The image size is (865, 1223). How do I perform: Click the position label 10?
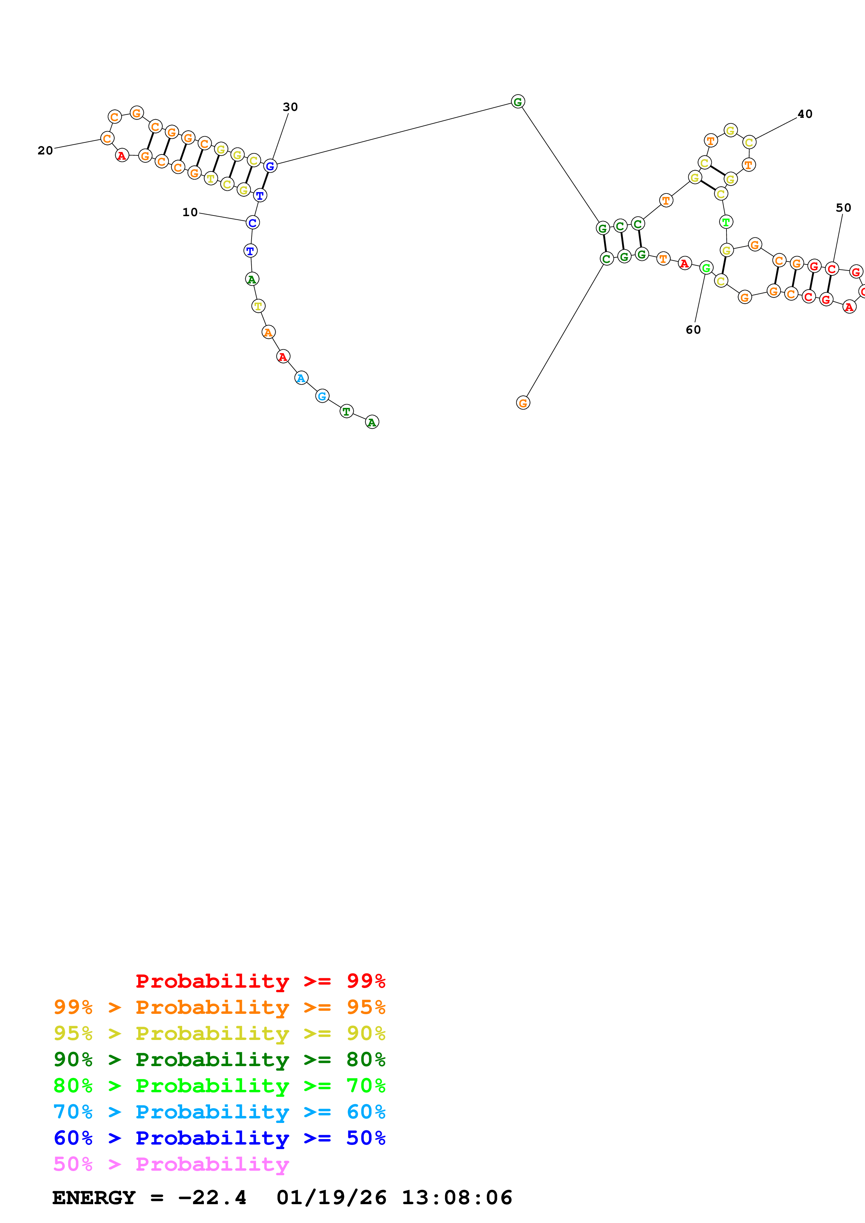point(190,212)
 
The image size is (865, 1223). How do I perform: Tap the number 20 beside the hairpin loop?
point(45,151)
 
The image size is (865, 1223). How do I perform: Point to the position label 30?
point(290,107)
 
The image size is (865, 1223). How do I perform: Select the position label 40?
point(805,114)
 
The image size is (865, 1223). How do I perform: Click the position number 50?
point(843,208)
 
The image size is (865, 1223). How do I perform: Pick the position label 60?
point(693,330)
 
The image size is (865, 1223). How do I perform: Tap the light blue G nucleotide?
point(322,396)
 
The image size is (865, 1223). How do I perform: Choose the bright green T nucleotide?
point(726,222)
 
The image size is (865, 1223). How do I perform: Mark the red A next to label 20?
point(122,155)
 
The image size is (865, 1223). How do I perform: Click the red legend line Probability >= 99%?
point(260,981)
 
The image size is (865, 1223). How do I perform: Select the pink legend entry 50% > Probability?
point(171,1164)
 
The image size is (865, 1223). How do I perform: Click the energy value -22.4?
point(212,1198)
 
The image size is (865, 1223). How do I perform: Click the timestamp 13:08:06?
point(457,1198)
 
